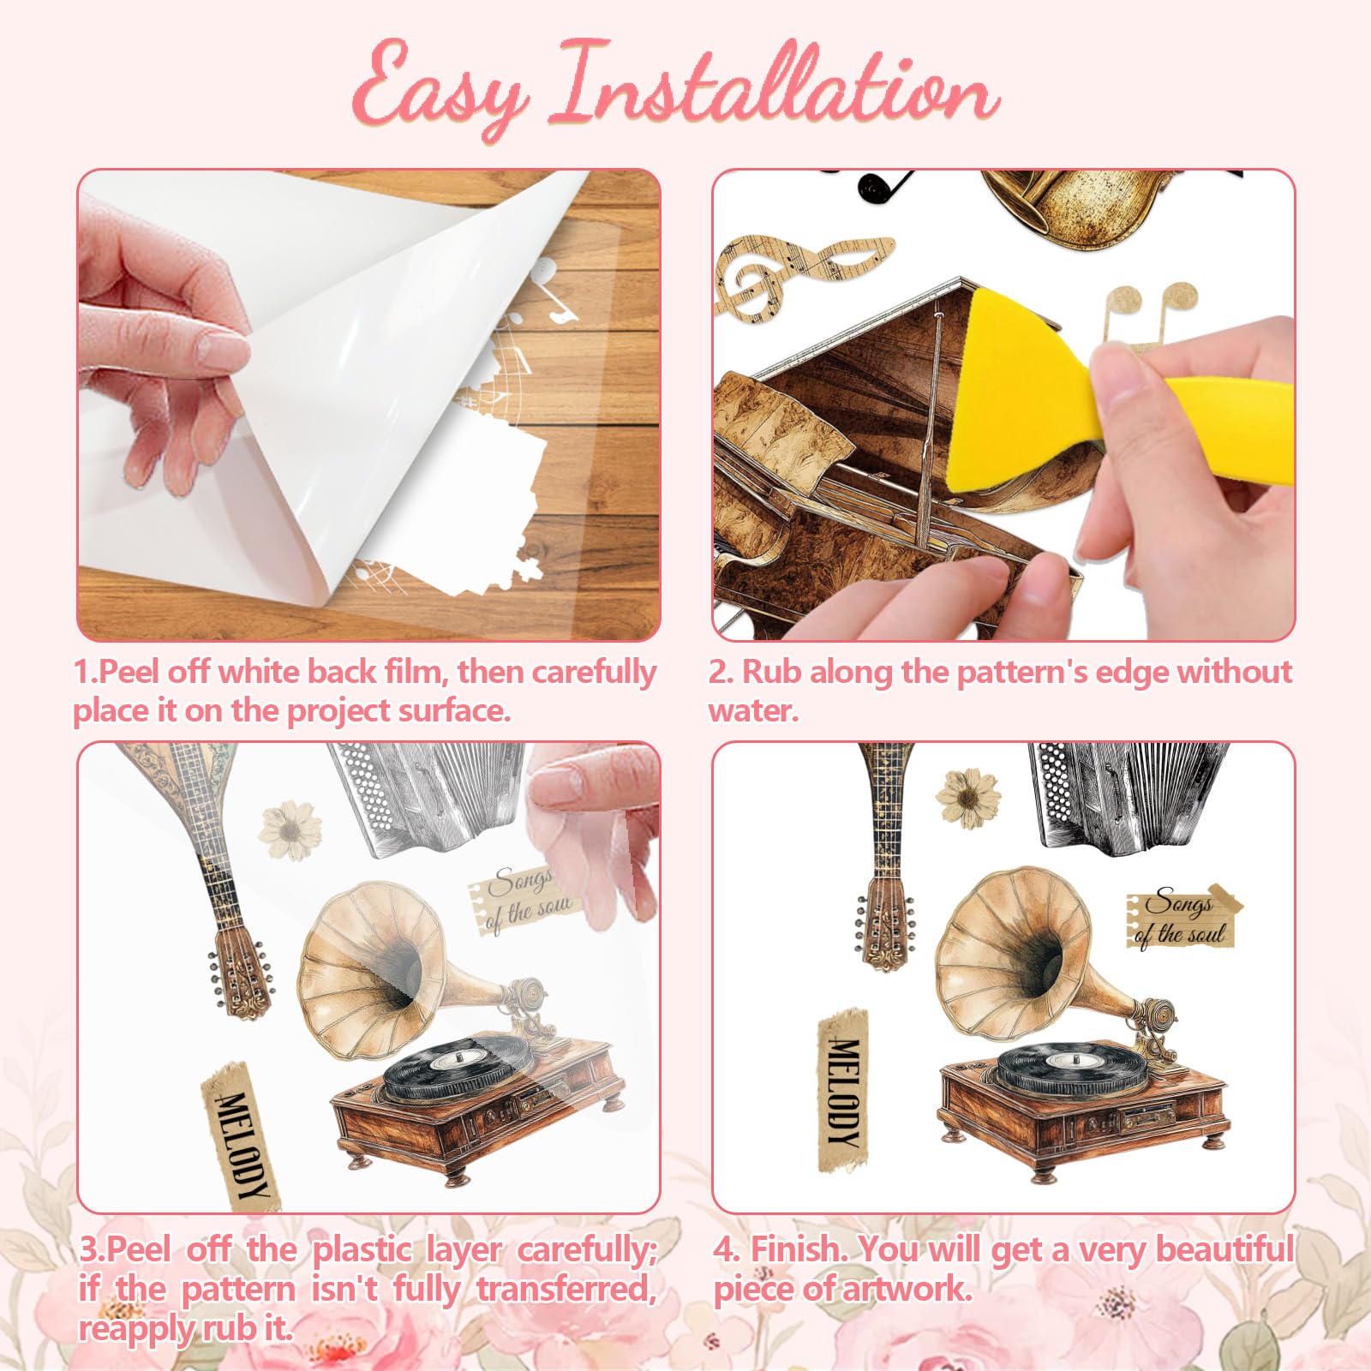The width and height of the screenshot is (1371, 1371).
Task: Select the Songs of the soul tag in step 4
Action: pyautogui.click(x=1182, y=918)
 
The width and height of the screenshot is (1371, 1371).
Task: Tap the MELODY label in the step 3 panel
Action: pyautogui.click(x=242, y=1135)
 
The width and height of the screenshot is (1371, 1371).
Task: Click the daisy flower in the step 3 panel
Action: pyautogui.click(x=290, y=829)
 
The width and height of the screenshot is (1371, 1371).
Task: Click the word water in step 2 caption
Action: pyautogui.click(x=751, y=710)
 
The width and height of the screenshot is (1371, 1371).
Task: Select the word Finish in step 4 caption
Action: pyautogui.click(x=800, y=1248)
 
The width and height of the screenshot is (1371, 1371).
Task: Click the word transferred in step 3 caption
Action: pyautogui.click(x=566, y=1289)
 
